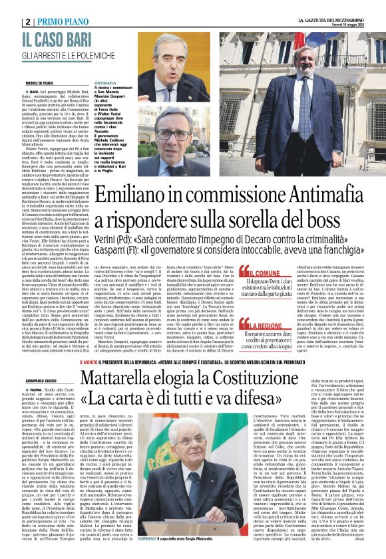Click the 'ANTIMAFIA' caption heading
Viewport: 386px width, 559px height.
click(106, 82)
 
